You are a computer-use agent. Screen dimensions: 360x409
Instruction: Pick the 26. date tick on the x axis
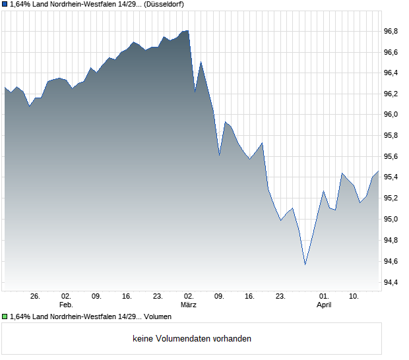[x=36, y=297]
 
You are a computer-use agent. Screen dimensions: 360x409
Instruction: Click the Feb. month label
[x=66, y=305]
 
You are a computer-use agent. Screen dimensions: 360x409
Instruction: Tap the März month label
[x=189, y=305]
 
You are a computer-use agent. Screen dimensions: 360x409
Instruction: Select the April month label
[x=324, y=305]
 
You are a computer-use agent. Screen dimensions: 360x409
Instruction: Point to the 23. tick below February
[x=158, y=297]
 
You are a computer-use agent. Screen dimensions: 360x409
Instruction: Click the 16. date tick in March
[x=250, y=297]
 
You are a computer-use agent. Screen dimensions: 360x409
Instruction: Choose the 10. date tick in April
[x=354, y=297]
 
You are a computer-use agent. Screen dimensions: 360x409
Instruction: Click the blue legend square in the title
[x=5, y=4]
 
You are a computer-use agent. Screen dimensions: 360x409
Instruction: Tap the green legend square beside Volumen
[x=5, y=317]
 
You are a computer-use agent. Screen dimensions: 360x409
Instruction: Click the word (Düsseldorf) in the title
[x=160, y=4]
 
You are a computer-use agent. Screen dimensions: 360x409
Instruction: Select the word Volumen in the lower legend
[x=158, y=317]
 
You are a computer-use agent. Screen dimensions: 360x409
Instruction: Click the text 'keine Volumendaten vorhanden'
[x=192, y=339]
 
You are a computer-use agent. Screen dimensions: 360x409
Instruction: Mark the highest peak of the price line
[x=188, y=30]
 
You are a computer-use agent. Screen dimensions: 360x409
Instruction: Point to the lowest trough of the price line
[x=305, y=265]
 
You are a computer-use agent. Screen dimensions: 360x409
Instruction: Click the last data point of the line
[x=379, y=171]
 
